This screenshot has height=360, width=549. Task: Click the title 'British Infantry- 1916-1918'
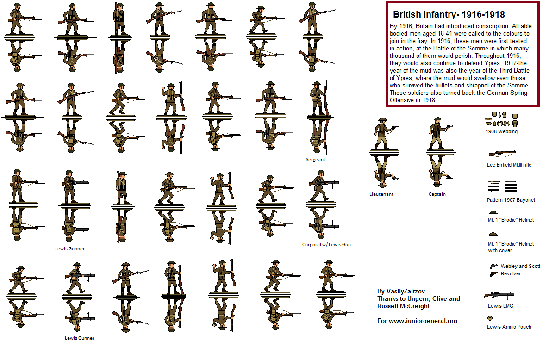point(449,15)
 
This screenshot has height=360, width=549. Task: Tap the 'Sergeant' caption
point(315,160)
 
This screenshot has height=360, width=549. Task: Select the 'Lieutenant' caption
point(381,194)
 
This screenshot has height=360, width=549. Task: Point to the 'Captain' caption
point(437,194)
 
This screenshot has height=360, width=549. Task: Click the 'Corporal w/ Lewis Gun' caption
point(326,244)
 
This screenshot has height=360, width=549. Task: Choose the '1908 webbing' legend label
point(501,131)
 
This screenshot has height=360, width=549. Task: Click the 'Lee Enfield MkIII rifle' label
point(509,165)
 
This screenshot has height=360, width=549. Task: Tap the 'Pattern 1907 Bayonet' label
point(511,200)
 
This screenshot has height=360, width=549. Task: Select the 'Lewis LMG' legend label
point(500,306)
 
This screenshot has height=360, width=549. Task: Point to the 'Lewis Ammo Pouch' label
point(509,327)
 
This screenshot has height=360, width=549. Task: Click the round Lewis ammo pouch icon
point(490,318)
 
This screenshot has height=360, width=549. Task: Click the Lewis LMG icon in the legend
point(499,295)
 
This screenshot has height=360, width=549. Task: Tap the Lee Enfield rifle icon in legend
point(501,153)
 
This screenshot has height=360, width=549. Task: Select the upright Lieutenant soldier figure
point(382,133)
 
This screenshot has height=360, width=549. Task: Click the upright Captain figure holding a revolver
point(437,133)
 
